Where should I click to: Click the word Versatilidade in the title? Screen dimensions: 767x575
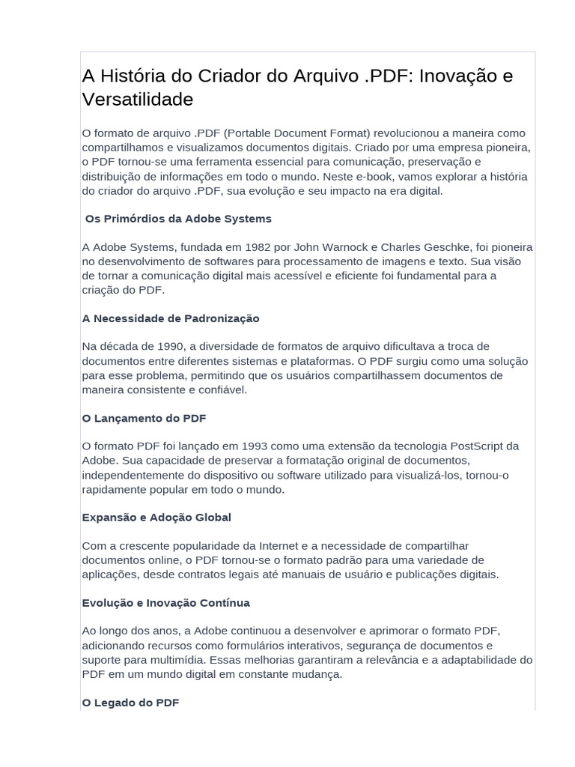(x=137, y=99)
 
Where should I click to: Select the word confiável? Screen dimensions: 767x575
(x=219, y=389)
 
